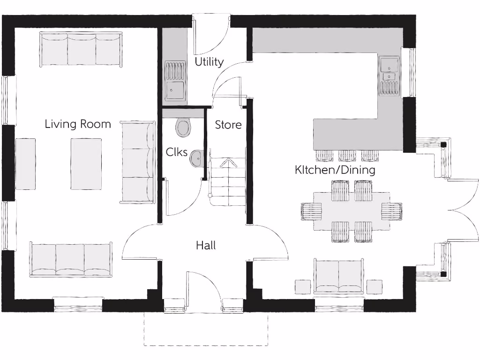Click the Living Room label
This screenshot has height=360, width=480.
(78, 124)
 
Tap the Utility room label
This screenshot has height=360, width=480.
(209, 62)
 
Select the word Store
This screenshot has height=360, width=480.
(228, 125)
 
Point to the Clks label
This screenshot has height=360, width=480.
(177, 152)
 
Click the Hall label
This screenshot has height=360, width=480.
(206, 245)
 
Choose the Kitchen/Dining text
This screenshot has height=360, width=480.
(335, 170)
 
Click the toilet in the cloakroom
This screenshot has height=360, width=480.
(183, 127)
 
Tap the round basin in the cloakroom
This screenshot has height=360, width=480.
(196, 158)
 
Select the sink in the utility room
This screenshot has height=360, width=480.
(175, 82)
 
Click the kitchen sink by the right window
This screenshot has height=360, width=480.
(389, 75)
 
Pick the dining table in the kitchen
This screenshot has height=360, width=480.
(352, 211)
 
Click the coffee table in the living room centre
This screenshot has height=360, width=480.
(86, 164)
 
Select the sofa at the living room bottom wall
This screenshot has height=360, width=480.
(71, 260)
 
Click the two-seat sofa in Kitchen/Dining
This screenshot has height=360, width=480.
(338, 276)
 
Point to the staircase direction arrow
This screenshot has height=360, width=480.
(228, 163)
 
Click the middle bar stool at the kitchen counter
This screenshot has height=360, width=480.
(347, 155)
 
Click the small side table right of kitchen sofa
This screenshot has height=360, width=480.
(374, 286)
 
